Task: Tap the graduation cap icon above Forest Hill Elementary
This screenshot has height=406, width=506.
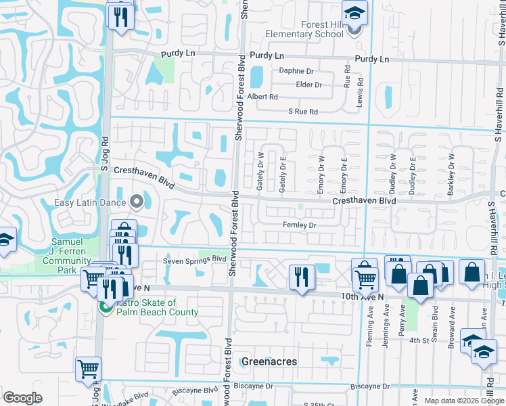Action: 353,13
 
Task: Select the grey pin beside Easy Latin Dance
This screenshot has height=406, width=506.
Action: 136,202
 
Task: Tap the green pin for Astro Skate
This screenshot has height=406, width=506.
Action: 106,307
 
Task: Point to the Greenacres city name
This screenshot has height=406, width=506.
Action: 269,361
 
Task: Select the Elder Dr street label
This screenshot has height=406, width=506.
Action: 308,85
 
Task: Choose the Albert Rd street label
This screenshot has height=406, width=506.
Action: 262,97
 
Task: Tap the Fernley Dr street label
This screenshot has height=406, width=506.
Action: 300,225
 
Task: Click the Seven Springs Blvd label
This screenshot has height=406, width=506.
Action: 194,259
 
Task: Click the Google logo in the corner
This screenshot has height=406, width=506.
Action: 22,397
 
